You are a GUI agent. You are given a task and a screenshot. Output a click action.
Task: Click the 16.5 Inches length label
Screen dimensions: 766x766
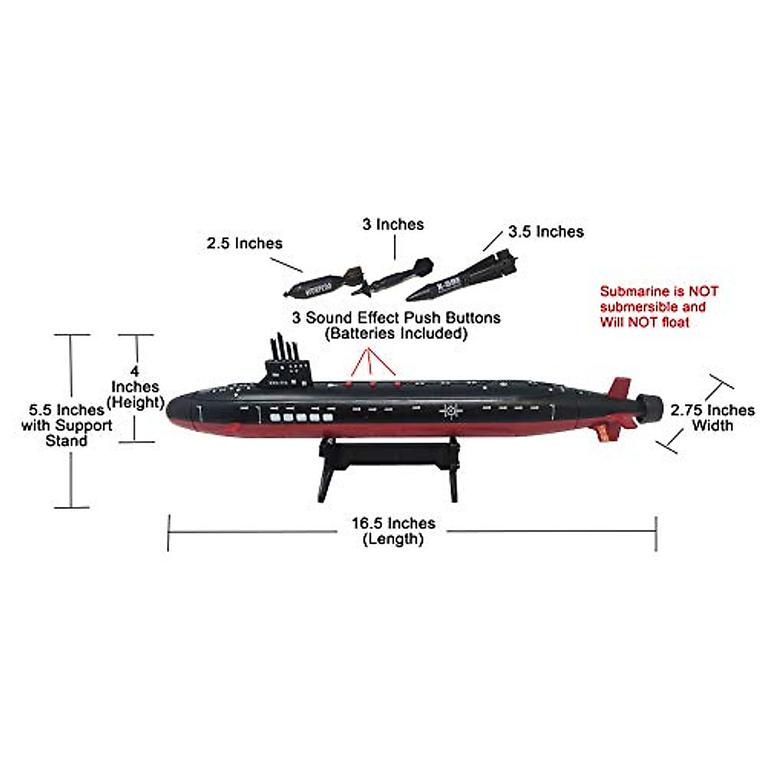click(393, 531)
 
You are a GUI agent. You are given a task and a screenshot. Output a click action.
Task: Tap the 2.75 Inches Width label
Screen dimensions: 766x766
click(712, 417)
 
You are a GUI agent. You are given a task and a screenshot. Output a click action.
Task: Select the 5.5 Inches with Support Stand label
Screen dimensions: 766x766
click(66, 425)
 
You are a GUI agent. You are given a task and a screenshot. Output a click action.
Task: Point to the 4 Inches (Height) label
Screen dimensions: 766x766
click(135, 387)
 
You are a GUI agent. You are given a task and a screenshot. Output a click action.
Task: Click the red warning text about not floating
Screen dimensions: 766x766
click(659, 306)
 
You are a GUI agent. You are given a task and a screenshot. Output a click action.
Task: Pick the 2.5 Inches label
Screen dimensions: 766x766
click(244, 243)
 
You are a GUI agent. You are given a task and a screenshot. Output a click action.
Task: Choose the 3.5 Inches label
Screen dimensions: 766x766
click(546, 232)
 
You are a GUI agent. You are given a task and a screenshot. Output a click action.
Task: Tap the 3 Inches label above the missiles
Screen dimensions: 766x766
click(393, 224)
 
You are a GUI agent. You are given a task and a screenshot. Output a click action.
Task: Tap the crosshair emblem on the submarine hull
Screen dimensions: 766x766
click(452, 410)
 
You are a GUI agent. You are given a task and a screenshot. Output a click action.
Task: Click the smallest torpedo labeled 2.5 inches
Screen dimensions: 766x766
click(322, 282)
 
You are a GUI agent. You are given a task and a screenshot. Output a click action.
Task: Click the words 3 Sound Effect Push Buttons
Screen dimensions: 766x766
click(396, 317)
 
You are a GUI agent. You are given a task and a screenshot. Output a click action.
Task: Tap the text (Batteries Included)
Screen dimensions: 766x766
click(396, 333)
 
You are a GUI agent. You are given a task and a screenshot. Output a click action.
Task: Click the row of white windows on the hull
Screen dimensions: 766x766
click(301, 418)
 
